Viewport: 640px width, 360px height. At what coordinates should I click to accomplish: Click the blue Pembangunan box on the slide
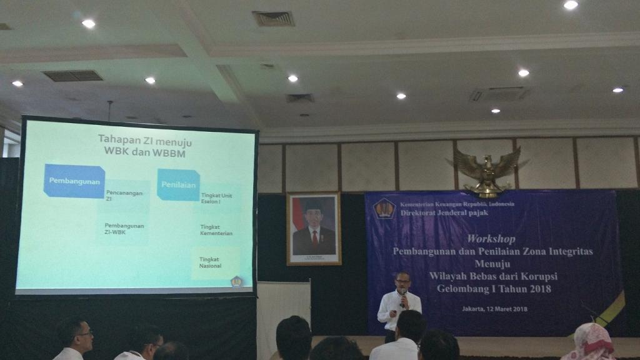(74, 181)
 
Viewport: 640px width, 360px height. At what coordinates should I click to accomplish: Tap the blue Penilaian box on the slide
(178, 184)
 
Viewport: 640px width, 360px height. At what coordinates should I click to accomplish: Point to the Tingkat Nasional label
(211, 262)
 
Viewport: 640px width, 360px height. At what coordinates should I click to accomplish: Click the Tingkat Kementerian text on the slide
(216, 230)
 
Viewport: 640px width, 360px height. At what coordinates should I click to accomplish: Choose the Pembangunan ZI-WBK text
(124, 228)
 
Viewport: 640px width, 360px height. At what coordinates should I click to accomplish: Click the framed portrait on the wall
(314, 228)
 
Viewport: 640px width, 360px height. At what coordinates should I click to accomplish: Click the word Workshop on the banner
(491, 239)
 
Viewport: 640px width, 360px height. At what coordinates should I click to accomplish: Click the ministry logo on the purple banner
(384, 207)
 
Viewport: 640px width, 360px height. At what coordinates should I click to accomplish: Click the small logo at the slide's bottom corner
(236, 282)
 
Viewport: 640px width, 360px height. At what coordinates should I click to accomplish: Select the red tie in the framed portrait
(314, 237)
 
